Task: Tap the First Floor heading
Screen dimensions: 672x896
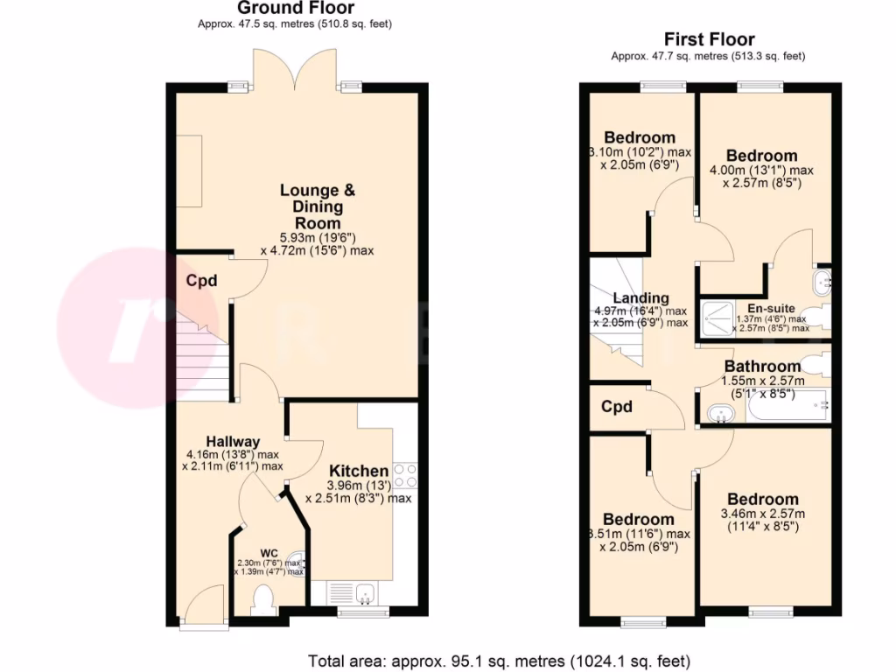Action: point(709,39)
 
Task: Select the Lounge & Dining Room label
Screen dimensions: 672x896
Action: point(311,206)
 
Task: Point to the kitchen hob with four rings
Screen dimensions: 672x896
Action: point(405,475)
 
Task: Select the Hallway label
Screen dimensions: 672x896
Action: point(233,441)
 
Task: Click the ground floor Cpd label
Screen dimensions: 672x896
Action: point(201,281)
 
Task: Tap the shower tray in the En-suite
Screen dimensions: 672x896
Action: point(717,318)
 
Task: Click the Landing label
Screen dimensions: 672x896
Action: point(641,298)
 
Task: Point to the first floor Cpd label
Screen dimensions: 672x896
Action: point(617,407)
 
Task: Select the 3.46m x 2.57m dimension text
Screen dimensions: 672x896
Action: point(762,514)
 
